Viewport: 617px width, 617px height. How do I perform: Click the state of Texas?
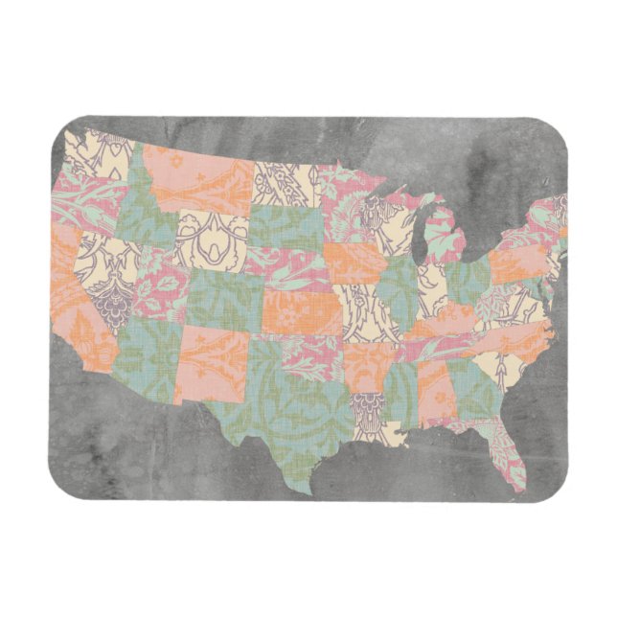coord(287,402)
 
